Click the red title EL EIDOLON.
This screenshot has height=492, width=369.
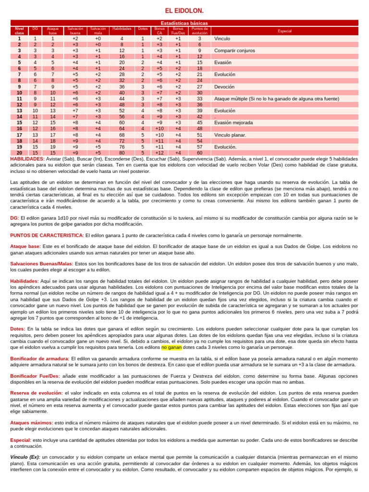coord(184,11)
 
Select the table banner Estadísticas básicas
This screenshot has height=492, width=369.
coord(184,23)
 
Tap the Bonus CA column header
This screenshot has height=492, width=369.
coord(160,31)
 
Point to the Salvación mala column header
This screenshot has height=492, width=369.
coord(98,31)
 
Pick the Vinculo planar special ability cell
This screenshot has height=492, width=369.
coord(229,135)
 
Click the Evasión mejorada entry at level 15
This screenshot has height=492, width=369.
coord(232,123)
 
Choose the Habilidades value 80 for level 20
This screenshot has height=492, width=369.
coord(122,153)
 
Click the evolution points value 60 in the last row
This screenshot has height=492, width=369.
coord(199,153)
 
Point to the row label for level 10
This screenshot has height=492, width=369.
coord(19,93)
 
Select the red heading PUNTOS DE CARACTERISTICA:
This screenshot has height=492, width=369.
coord(47,235)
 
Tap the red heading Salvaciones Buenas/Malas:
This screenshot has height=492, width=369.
coord(41,264)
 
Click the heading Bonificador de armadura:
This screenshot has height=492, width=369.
coord(40,358)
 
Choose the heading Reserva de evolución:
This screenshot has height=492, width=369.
coord(37,393)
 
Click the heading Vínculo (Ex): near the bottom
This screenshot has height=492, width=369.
coord(25,456)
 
